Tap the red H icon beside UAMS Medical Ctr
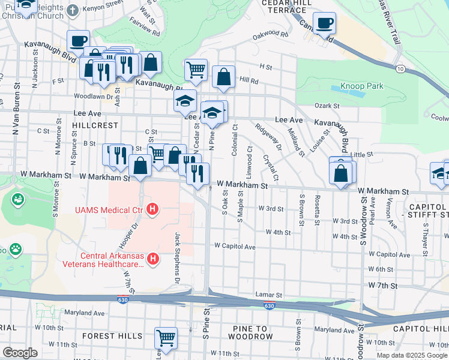[153, 209]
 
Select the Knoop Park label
[361, 86]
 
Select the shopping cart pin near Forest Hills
[166, 337]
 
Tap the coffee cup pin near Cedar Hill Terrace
[324, 23]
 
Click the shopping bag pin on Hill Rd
[223, 76]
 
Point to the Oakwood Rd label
[270, 35]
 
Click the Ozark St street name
[328, 106]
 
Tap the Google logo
[20, 353]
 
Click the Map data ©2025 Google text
[411, 355]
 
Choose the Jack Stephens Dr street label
[178, 258]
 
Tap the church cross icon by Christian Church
[72, 10]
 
